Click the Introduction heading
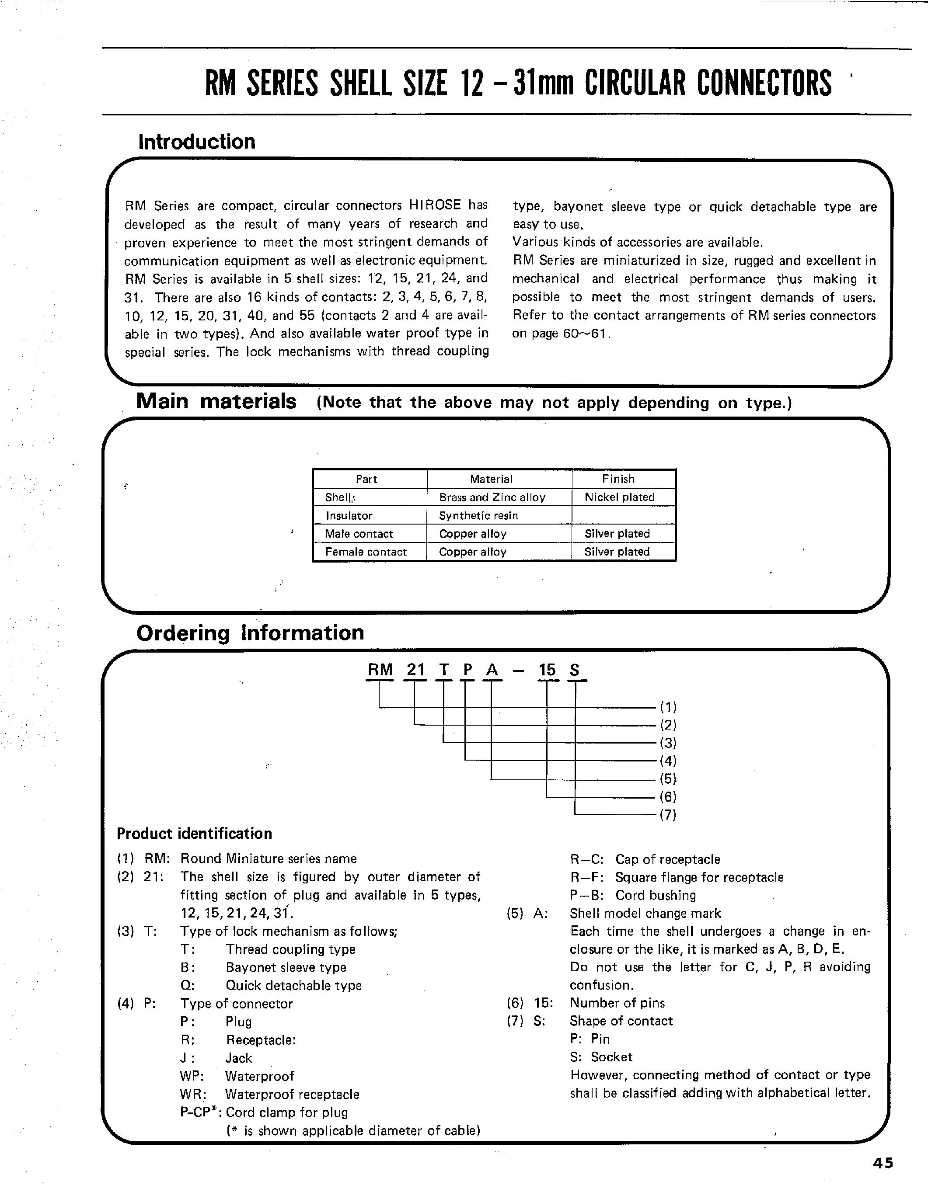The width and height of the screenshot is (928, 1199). click(197, 142)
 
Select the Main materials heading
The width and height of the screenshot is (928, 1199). click(216, 401)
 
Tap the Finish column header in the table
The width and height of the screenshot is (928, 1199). click(618, 479)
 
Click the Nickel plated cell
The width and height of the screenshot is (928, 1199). click(619, 497)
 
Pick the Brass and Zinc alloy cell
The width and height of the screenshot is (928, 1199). click(492, 497)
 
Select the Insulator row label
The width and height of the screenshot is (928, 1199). click(349, 515)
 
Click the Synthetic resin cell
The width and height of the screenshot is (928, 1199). click(478, 515)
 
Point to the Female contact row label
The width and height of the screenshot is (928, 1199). click(366, 552)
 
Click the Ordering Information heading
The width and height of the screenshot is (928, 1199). click(250, 633)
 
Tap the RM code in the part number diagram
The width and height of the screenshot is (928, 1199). click(380, 670)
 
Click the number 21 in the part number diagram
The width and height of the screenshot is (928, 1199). click(416, 670)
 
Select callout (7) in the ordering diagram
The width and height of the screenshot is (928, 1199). click(668, 815)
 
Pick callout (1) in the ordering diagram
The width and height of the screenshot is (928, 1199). click(668, 706)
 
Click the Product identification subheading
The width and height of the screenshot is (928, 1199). click(194, 834)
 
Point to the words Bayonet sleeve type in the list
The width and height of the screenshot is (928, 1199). click(286, 967)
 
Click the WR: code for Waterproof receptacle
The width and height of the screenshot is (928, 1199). click(192, 1094)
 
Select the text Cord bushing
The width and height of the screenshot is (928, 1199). click(655, 895)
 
